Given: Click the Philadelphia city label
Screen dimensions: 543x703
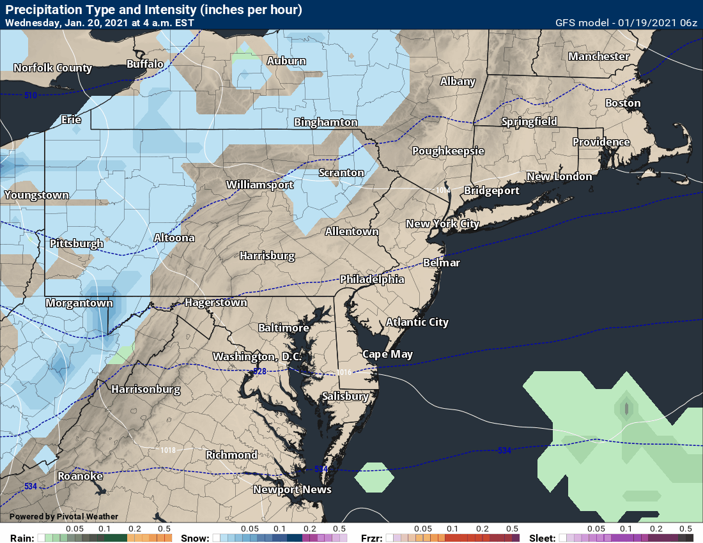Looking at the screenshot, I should pos(371,279).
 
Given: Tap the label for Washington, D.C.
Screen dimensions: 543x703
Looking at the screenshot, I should pos(257,356).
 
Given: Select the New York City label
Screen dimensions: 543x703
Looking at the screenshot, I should pos(442,224).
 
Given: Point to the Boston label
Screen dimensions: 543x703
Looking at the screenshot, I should pos(622,103).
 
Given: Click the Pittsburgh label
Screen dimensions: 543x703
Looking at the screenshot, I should pos(76,243).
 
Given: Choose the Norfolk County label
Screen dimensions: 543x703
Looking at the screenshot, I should pos(52,68).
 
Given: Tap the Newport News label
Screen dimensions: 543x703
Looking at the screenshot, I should pos(292,489).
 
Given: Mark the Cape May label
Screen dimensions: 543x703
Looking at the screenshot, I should pos(387,354).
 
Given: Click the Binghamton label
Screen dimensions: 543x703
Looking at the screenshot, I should pos(325,122).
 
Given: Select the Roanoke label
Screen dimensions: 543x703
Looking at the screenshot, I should pos(80,476).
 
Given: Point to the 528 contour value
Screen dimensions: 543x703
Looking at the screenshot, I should pos(259,371).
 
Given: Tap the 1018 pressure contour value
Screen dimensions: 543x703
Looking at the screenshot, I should pos(168,450).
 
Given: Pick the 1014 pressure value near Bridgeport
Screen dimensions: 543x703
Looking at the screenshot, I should pos(443,190).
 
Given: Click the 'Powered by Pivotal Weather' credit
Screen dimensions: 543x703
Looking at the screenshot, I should pos(63,516).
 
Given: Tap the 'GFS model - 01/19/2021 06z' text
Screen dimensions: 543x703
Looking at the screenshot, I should pos(626,22).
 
